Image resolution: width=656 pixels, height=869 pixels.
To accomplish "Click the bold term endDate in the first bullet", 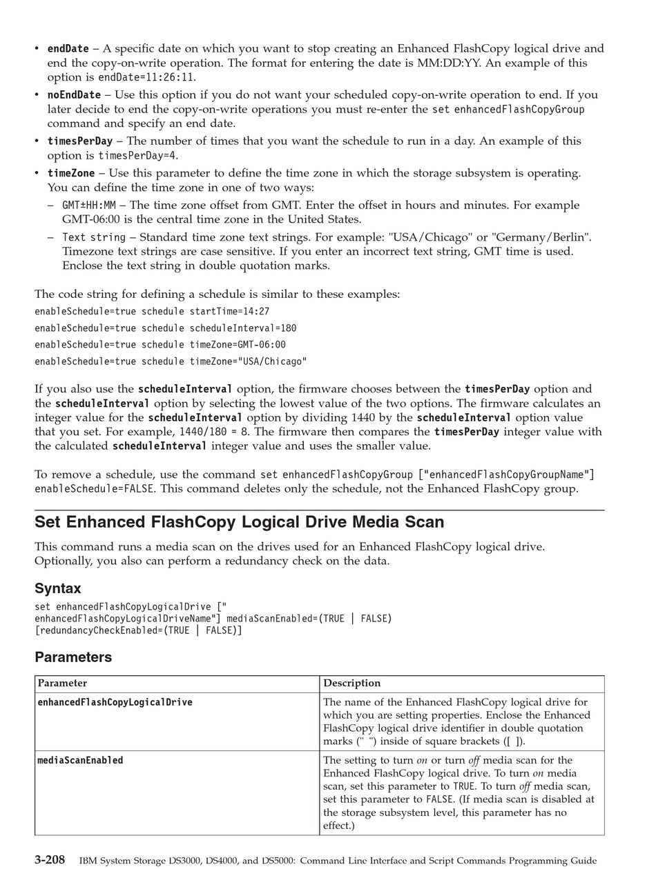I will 68,49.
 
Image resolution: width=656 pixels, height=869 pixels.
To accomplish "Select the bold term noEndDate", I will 74,95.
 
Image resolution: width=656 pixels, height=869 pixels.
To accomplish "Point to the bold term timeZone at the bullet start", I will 70,173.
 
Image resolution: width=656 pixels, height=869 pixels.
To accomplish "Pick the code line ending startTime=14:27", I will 152,312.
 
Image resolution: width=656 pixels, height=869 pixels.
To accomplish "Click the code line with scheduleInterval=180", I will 165,328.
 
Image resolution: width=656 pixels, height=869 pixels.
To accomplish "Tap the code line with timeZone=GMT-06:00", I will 160,345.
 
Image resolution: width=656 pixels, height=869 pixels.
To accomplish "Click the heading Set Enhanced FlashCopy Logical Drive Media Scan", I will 239,522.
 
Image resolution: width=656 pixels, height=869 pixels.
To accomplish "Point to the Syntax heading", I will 58,588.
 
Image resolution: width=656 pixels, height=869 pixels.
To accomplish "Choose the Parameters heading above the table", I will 73,657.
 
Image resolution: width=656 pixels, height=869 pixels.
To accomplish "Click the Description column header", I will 352,683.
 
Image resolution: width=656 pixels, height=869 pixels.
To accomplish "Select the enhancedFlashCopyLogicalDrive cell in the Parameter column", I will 115,703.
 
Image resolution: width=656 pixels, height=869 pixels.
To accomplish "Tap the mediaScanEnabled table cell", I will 80,761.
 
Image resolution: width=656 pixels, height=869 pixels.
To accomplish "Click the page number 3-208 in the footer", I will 50,860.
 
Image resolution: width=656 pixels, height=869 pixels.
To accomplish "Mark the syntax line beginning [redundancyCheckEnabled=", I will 138,630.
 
